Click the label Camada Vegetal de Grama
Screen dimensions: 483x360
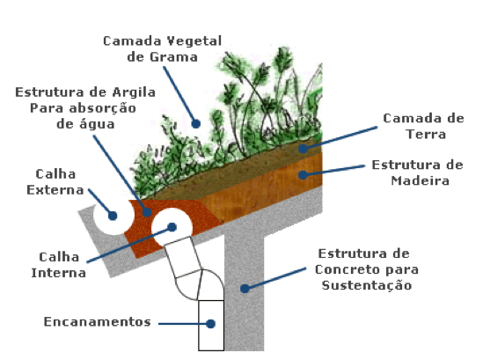pyautogui.click(x=163, y=49)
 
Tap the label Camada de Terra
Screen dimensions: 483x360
pyautogui.click(x=423, y=126)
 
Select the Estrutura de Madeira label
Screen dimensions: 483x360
pyautogui.click(x=417, y=173)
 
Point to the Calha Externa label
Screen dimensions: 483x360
pyautogui.click(x=55, y=182)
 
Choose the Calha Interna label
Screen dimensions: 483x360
pyautogui.click(x=59, y=265)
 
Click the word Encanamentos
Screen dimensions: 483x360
pyautogui.click(x=98, y=322)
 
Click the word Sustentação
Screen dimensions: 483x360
pyautogui.click(x=367, y=285)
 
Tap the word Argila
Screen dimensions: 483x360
pyautogui.click(x=134, y=92)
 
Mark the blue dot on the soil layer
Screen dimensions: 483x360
pyautogui.click(x=304, y=149)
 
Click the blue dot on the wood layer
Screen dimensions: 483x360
pyautogui.click(x=304, y=175)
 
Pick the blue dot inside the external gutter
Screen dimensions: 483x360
pyautogui.click(x=113, y=216)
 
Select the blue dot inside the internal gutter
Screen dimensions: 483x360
pyautogui.click(x=172, y=227)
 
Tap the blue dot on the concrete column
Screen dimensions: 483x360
pyautogui.click(x=245, y=289)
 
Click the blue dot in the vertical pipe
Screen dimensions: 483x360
pyautogui.click(x=210, y=324)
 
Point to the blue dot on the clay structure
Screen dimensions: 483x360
pyautogui.click(x=147, y=212)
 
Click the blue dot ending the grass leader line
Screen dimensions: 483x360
pyautogui.click(x=196, y=123)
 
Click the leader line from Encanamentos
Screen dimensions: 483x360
pyautogui.click(x=182, y=324)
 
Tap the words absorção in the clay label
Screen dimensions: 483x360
pyautogui.click(x=103, y=108)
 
